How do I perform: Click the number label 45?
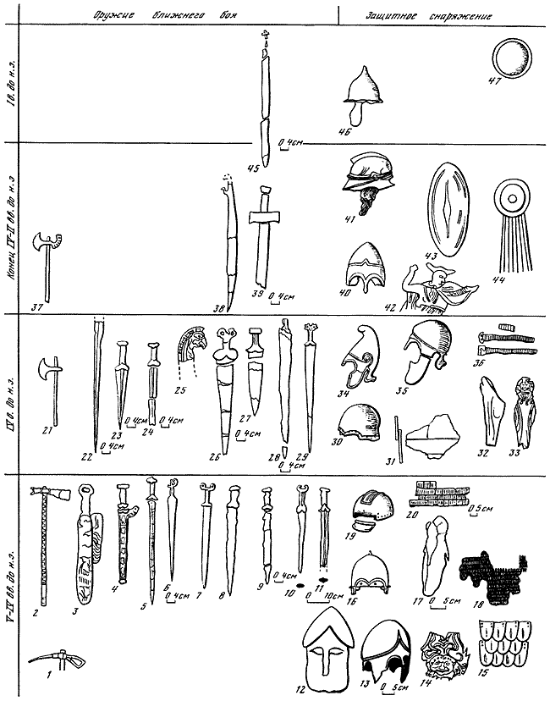tap(251, 168)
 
